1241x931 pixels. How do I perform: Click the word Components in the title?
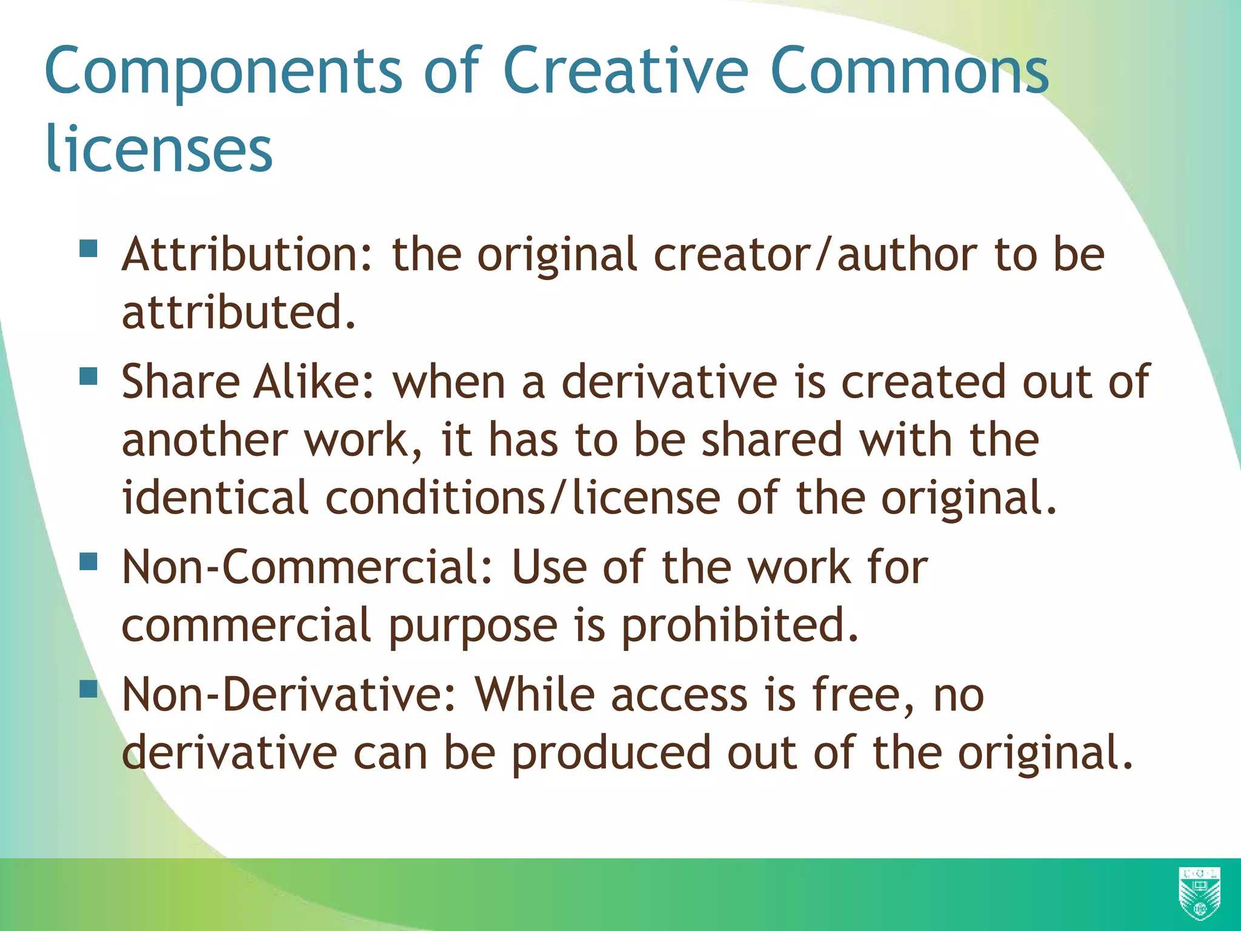(223, 72)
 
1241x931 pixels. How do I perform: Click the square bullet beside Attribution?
(88, 249)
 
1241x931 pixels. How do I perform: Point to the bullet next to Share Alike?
(88, 376)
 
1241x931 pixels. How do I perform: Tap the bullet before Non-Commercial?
(88, 561)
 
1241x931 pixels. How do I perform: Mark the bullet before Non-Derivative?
(88, 689)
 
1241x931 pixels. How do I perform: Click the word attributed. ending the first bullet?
(239, 313)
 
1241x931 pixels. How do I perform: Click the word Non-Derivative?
(288, 695)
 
